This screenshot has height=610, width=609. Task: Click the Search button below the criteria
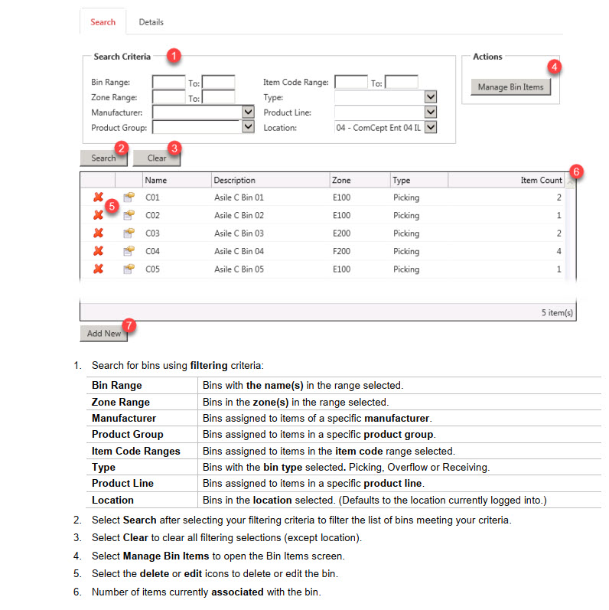[103, 158]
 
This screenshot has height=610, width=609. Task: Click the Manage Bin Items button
[510, 87]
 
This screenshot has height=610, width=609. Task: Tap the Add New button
[103, 334]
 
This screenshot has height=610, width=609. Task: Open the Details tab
[151, 22]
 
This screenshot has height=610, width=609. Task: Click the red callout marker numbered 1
[174, 56]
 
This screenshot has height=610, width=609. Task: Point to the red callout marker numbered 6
[577, 171]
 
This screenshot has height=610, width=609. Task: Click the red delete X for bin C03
[98, 233]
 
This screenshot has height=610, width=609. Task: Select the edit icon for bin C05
[129, 269]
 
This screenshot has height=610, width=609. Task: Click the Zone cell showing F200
[342, 251]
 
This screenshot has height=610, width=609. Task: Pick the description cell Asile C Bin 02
[239, 216]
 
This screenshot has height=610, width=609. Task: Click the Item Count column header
[541, 181]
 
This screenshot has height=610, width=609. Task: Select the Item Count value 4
[559, 251]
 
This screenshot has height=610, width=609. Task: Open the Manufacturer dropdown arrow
[247, 112]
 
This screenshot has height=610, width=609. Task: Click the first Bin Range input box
[168, 83]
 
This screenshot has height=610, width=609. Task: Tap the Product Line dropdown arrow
[430, 112]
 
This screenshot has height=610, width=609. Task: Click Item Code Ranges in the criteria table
[136, 451]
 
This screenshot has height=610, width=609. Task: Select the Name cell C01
[152, 197]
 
